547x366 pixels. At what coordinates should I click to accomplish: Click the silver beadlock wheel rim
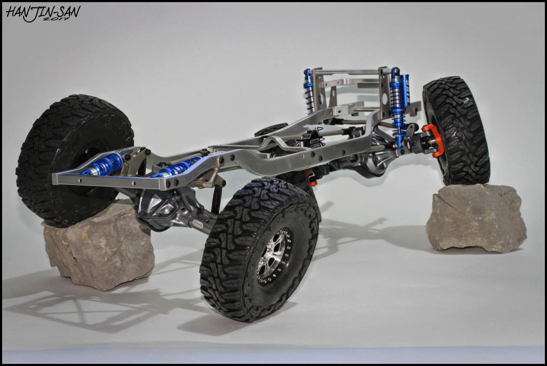pyautogui.click(x=274, y=256)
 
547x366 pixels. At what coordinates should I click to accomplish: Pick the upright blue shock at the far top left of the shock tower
pyautogui.click(x=308, y=91)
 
